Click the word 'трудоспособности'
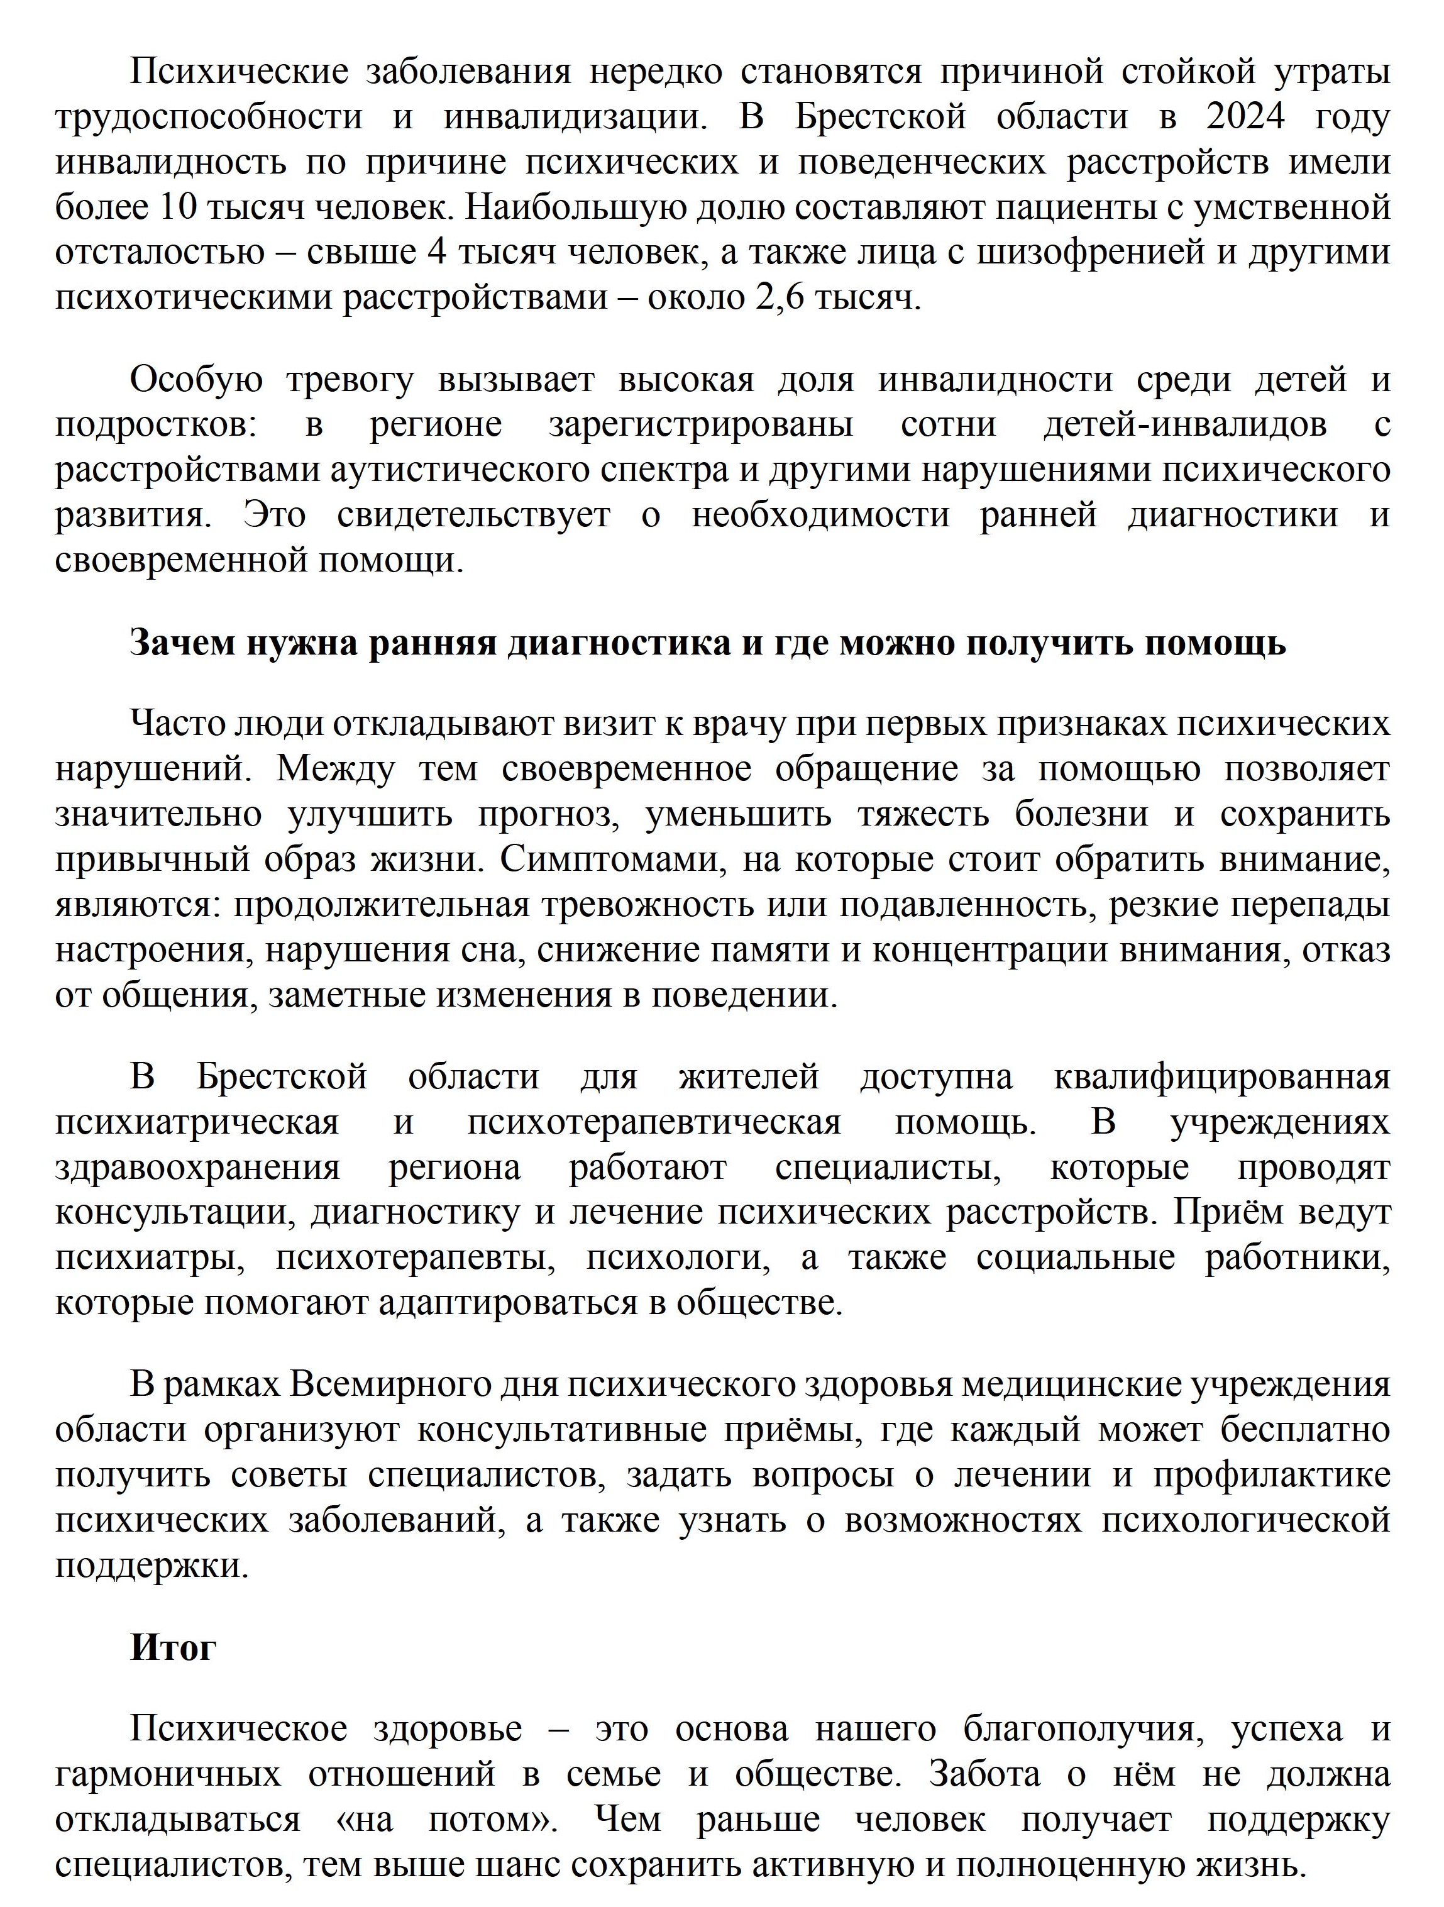(x=209, y=117)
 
